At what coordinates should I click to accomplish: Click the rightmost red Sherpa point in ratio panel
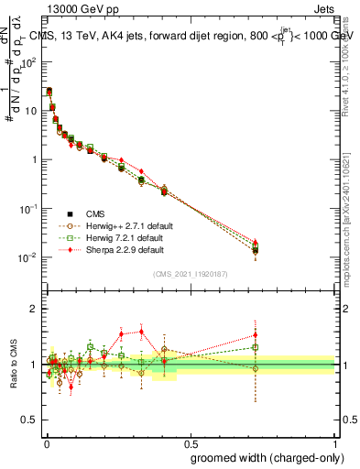click(256, 335)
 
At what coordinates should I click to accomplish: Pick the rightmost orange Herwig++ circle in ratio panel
click(256, 369)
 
